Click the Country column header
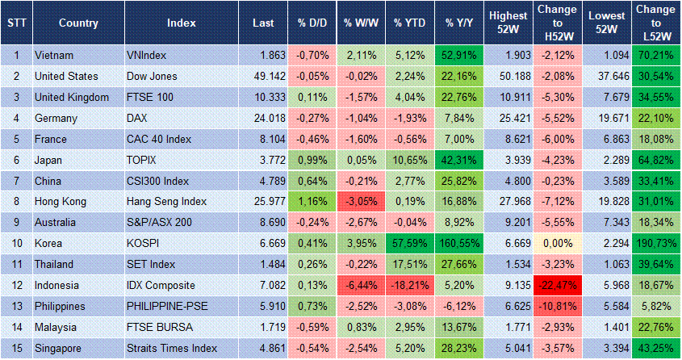(78, 23)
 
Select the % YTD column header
(409, 23)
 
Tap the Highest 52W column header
(508, 23)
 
